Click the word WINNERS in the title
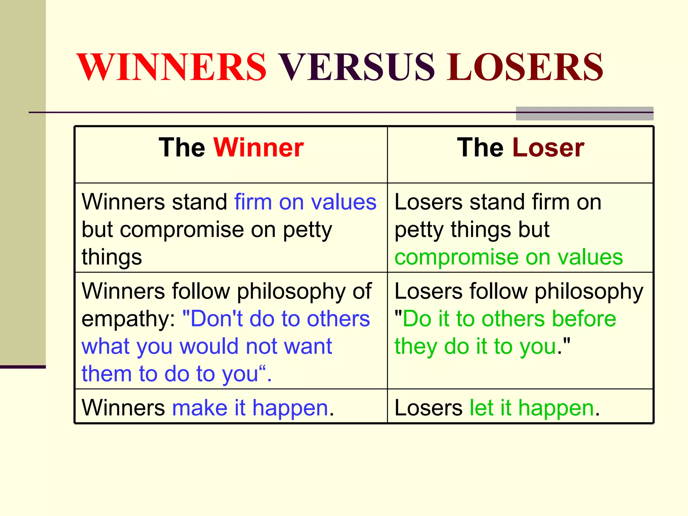(172, 67)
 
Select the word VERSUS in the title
(357, 67)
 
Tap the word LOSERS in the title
(525, 67)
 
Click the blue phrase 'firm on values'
(305, 202)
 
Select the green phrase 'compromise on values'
(509, 257)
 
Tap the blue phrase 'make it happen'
(250, 408)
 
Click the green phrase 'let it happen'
(532, 408)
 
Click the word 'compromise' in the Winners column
(182, 230)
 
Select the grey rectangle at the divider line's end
(585, 114)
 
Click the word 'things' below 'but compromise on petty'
(112, 257)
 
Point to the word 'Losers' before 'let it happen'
(429, 408)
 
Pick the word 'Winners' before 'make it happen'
(123, 408)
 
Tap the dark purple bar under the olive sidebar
(23, 367)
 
